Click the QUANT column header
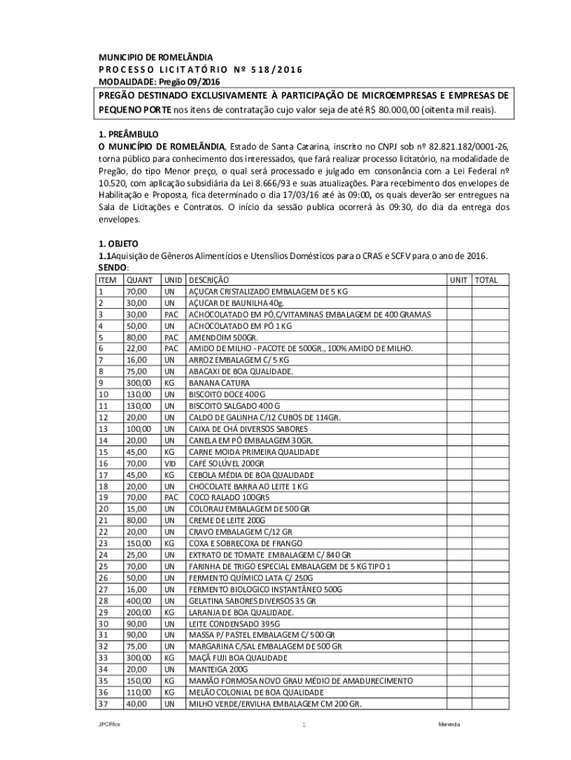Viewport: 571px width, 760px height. [x=140, y=281]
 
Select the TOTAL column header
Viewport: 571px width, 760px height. [x=487, y=281]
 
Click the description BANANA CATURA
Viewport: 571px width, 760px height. [x=218, y=383]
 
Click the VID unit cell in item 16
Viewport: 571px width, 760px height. [x=170, y=463]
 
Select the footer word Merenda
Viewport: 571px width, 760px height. [x=450, y=724]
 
